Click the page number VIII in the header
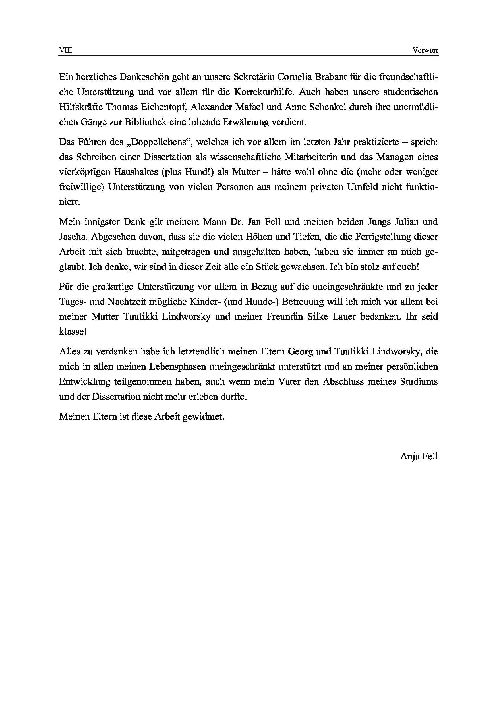(65, 51)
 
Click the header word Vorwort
(425, 51)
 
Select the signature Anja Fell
(419, 456)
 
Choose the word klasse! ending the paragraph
(73, 332)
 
